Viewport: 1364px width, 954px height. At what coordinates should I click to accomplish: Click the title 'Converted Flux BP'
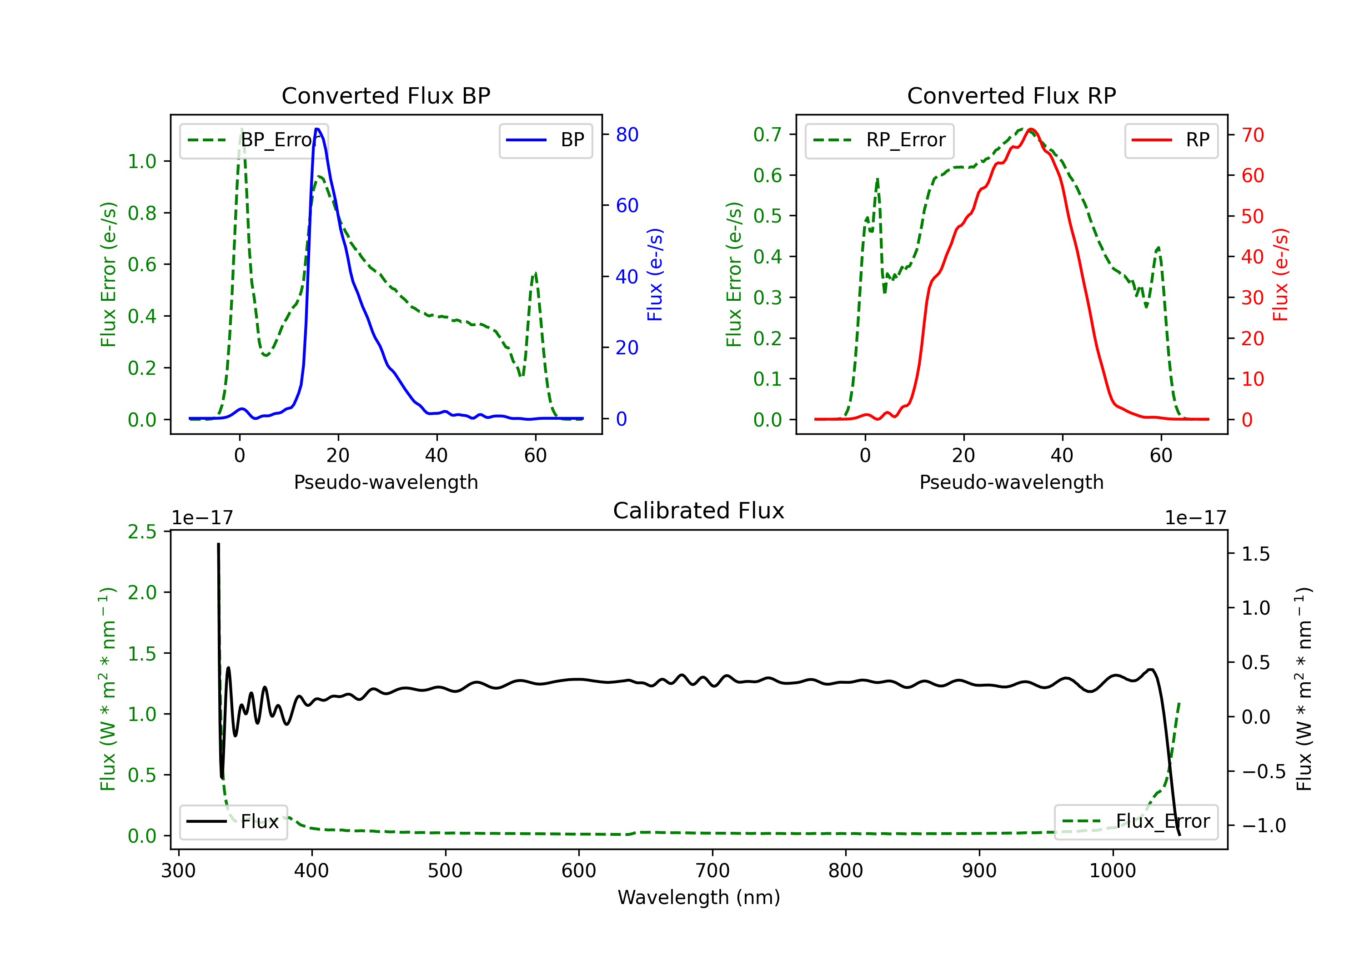click(386, 95)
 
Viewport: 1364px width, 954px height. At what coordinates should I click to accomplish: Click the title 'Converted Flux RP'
click(1011, 95)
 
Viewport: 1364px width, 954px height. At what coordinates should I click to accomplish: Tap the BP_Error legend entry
click(254, 140)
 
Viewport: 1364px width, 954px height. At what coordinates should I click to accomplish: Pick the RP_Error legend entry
click(879, 140)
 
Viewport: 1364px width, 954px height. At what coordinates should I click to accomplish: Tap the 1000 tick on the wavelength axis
click(1112, 871)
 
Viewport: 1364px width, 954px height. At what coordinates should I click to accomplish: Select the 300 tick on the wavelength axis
click(178, 871)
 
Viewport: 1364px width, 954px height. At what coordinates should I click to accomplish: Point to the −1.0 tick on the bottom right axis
click(1263, 826)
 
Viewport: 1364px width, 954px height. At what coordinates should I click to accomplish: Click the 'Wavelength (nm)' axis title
click(699, 897)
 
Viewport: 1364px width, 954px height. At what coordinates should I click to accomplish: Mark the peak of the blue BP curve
click(317, 129)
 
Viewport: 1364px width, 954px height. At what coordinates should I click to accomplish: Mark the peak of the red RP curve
click(1031, 129)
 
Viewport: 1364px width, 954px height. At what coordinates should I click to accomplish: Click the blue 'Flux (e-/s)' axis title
click(655, 274)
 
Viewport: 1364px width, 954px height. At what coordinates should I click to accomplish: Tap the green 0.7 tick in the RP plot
click(767, 135)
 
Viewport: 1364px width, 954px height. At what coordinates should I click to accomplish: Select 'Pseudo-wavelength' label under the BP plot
click(386, 482)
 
